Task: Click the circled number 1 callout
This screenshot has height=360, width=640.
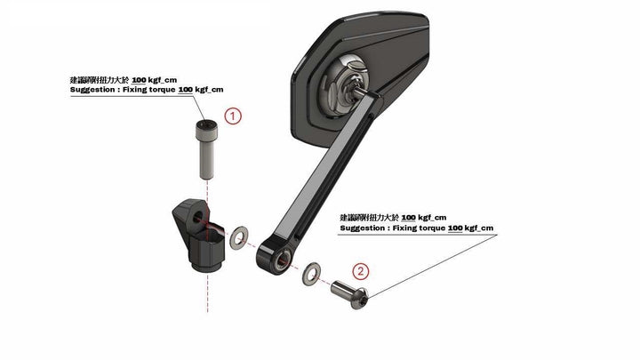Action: (232, 116)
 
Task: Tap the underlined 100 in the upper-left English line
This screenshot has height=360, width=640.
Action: (186, 91)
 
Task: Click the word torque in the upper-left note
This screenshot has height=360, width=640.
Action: (161, 91)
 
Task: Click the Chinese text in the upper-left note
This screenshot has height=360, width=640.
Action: (96, 80)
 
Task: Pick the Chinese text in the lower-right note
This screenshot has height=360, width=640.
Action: (368, 217)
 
